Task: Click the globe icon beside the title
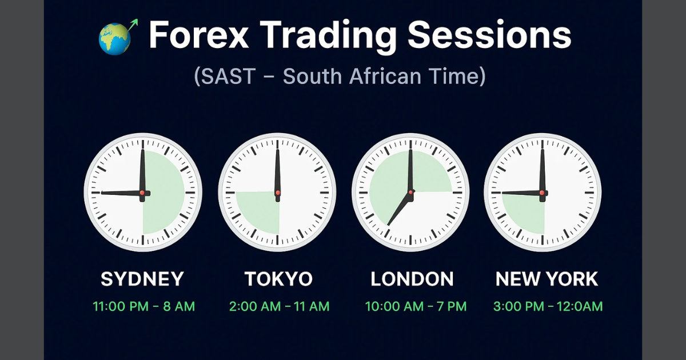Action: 115,38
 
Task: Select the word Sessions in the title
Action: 489,35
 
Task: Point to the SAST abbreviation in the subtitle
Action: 224,76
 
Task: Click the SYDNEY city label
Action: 142,279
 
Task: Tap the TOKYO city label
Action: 278,279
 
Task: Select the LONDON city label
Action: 412,279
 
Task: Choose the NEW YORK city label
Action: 547,279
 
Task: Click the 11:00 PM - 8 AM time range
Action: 144,306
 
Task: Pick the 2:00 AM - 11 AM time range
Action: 279,306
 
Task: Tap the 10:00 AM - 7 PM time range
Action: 416,306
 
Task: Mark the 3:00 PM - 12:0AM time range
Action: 548,306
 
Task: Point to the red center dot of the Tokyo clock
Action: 278,193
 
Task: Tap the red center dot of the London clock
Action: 410,193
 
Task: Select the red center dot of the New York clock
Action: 542,193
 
